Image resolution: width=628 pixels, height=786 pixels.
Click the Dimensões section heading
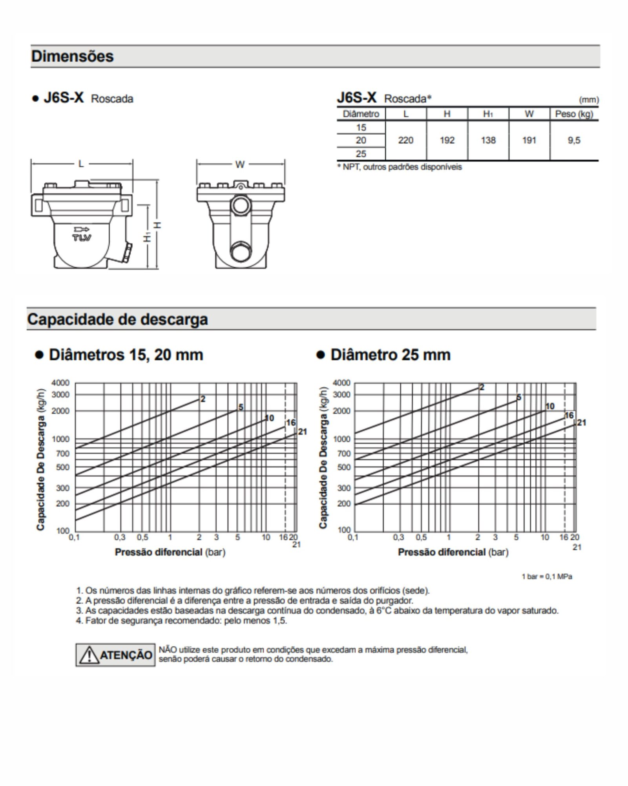click(x=72, y=57)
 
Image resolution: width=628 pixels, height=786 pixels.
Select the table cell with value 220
click(x=405, y=140)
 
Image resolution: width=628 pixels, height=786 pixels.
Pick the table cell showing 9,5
click(x=573, y=140)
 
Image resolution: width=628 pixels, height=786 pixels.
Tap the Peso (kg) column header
click(x=573, y=114)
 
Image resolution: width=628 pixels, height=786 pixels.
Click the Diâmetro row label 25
click(x=361, y=154)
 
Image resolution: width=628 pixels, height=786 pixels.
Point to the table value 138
click(x=488, y=140)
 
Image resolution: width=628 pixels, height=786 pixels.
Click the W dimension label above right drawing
click(x=240, y=164)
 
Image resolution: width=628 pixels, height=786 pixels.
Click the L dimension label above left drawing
click(x=81, y=164)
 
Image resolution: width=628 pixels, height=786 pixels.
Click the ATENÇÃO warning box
click(x=115, y=655)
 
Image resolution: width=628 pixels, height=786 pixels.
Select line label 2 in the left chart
click(x=203, y=399)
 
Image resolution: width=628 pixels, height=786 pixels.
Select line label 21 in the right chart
click(x=581, y=423)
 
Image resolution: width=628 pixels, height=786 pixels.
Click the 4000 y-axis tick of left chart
click(x=60, y=383)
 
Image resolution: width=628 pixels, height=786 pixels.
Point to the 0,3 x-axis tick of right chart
click(x=398, y=537)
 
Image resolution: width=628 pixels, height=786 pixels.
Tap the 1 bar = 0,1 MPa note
click(x=546, y=576)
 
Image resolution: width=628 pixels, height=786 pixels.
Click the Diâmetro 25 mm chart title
click(x=390, y=355)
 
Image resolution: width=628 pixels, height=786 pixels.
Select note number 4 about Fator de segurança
click(x=181, y=621)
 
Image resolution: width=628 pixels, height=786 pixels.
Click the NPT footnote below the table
click(x=399, y=167)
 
